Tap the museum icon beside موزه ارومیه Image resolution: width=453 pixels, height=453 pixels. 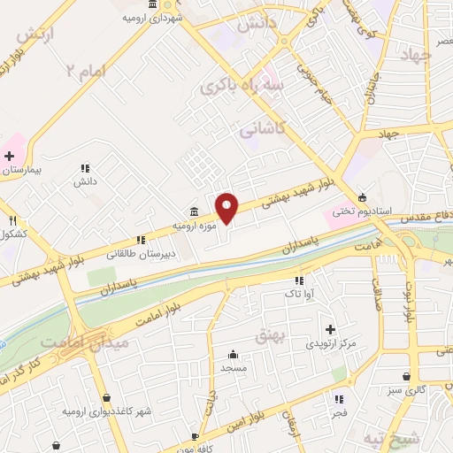[x=194, y=211]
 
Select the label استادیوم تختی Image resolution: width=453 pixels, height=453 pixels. [x=353, y=211]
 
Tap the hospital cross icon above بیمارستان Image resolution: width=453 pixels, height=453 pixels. [x=9, y=156]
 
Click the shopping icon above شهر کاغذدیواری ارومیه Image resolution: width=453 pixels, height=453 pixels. [x=107, y=397]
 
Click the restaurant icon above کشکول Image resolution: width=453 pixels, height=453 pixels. [x=13, y=220]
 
